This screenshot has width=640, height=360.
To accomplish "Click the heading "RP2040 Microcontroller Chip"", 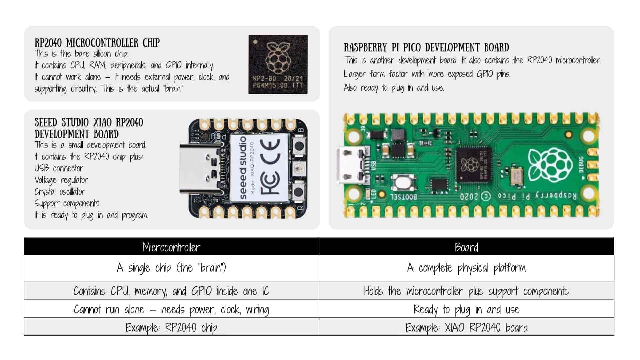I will [97, 43].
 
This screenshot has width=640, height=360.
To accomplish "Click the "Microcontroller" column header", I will [171, 247].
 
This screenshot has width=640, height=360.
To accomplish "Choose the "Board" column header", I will [466, 247].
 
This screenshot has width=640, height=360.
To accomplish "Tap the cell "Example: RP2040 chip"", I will [171, 327].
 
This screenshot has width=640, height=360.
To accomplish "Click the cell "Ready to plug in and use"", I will [466, 309].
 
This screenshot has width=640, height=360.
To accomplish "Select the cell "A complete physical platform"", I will [466, 268].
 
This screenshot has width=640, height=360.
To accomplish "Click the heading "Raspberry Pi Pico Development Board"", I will [426, 47].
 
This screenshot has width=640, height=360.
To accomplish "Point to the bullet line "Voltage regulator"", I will [61, 180].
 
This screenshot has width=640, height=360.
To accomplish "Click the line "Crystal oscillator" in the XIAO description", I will [60, 192].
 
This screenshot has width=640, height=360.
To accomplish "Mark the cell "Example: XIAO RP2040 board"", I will [466, 327].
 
